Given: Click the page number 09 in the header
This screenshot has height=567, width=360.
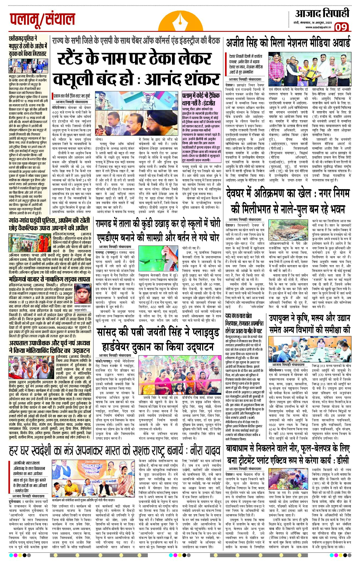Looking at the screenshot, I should (x=341, y=27).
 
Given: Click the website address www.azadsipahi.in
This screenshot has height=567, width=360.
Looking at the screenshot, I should (x=318, y=27).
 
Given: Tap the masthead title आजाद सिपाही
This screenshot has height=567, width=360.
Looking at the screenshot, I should (x=322, y=14).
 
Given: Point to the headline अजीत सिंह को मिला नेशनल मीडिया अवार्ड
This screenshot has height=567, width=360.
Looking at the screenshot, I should (x=288, y=43).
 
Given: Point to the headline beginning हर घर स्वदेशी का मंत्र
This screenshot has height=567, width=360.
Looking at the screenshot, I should (x=114, y=451).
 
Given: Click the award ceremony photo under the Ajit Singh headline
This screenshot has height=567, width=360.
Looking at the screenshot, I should (x=309, y=69).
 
